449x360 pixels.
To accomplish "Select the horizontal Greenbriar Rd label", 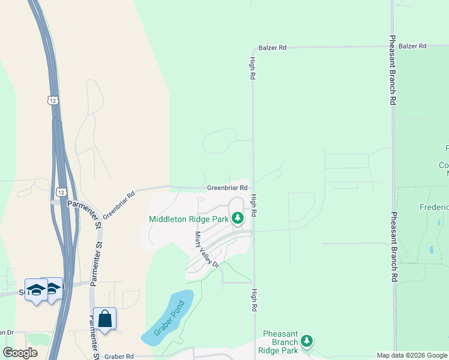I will [x=228, y=188].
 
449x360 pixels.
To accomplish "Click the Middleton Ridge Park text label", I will [x=188, y=218].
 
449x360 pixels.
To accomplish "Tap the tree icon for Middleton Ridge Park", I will [x=238, y=218].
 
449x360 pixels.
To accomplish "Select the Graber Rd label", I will [x=122, y=356].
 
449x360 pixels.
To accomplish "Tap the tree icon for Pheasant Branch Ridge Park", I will [x=307, y=341].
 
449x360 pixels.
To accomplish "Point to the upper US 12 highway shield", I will [x=52, y=100].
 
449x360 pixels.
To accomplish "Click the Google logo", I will [x=20, y=353].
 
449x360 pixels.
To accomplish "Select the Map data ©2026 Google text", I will [x=412, y=355].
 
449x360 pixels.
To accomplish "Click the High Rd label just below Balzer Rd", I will [x=253, y=68].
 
